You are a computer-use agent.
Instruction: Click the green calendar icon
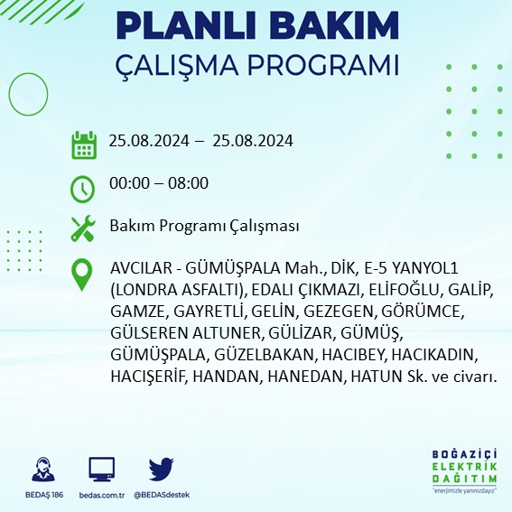pos(83,144)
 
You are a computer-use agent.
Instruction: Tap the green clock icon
pos(83,188)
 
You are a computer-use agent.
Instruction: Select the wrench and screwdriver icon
pos(83,228)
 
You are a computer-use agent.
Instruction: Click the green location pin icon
pos(83,274)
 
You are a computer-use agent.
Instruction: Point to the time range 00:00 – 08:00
pos(158,183)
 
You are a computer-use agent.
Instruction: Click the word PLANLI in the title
pos(189,25)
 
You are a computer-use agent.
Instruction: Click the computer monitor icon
pos(102,470)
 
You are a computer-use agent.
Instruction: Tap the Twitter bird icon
pos(162,470)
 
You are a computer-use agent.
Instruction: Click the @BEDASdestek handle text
pos(162,496)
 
